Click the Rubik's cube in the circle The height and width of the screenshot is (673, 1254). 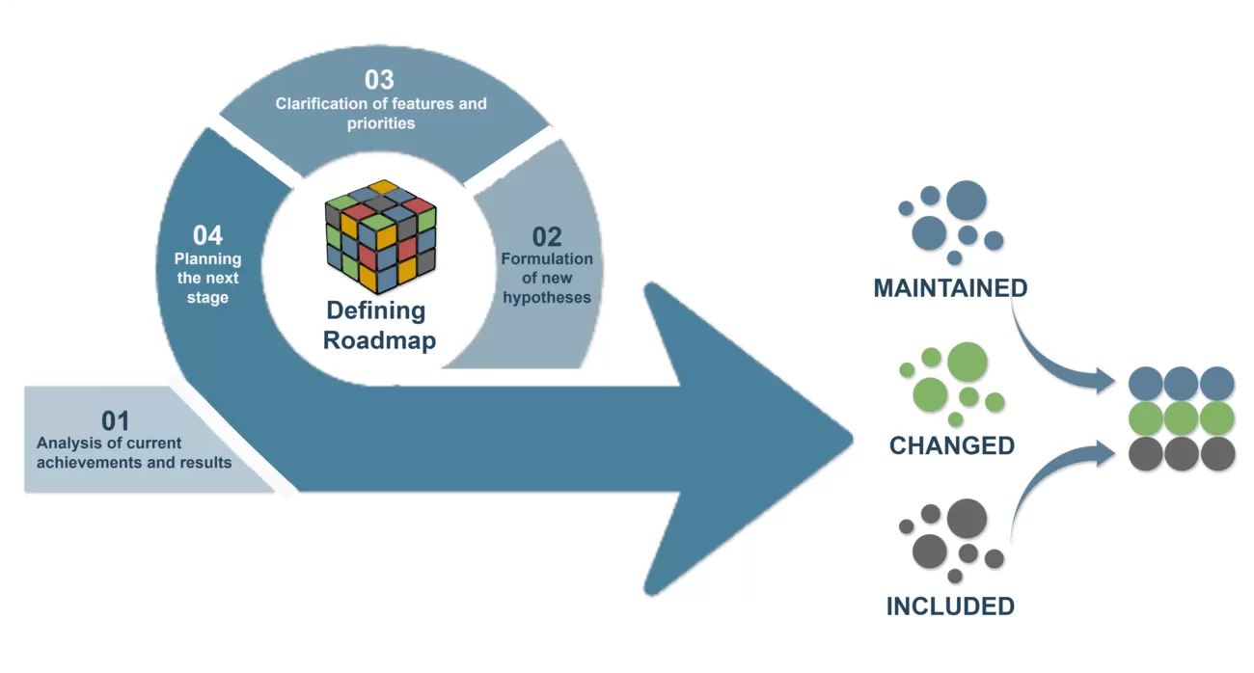pos(380,236)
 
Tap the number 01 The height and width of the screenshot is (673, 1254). pos(116,420)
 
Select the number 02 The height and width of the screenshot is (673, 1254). pos(547,236)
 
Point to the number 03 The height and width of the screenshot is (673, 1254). pos(380,80)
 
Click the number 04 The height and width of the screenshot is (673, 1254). pos(207,235)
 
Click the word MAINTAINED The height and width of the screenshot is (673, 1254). pos(950,288)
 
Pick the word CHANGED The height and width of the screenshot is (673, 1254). pos(952,445)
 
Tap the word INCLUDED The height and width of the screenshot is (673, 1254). pos(950,606)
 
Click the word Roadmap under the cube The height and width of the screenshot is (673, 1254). pos(379,340)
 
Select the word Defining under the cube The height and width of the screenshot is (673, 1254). pos(375,310)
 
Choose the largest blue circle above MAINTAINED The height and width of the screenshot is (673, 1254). pos(966,200)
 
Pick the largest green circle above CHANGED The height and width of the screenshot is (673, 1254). pos(967,361)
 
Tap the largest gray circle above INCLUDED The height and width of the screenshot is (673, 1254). pos(966,518)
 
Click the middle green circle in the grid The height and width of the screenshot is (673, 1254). pos(1181,418)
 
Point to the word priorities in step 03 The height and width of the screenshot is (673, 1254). pos(381,123)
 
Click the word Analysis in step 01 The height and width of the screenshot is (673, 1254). pos(67,443)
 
